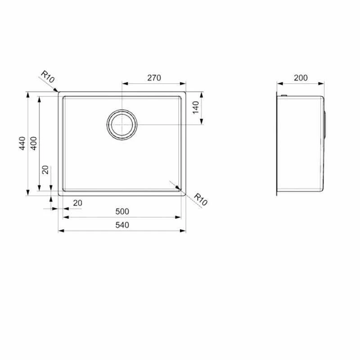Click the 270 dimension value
[x=154, y=78]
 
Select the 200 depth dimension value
[x=301, y=78]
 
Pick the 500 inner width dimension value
[x=122, y=211]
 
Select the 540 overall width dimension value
[x=122, y=225]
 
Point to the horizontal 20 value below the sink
[x=77, y=203]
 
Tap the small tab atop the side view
[x=284, y=95]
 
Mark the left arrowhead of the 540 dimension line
[x=61, y=231]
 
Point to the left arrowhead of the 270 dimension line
[x=125, y=84]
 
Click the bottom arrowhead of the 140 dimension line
[x=201, y=121]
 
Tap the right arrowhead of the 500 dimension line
[x=180, y=217]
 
